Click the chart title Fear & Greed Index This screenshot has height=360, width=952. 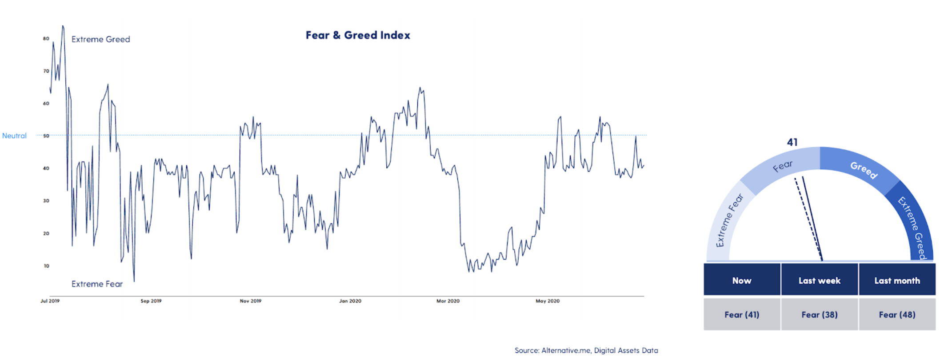coord(358,35)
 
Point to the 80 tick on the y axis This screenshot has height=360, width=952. coord(46,39)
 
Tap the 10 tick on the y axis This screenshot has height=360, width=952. coord(46,266)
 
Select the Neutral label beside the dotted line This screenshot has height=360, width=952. coord(14,136)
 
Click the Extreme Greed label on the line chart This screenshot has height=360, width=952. coord(101,39)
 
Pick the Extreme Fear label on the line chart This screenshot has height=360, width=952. coord(97,284)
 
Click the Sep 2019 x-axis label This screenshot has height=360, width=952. coord(151,301)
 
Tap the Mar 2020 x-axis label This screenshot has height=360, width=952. coord(448,301)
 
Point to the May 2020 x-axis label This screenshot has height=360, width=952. coord(548,301)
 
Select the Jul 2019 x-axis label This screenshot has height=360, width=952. coord(50,301)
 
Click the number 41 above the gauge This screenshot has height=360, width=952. coord(792,142)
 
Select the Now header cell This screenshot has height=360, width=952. coord(742,280)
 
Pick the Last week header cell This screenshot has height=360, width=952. coord(819,280)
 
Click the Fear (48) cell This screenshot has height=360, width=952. coord(897,315)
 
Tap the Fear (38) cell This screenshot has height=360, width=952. coord(819,315)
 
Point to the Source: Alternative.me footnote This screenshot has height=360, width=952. coord(586,350)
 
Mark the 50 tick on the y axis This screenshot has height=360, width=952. coord(46,136)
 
